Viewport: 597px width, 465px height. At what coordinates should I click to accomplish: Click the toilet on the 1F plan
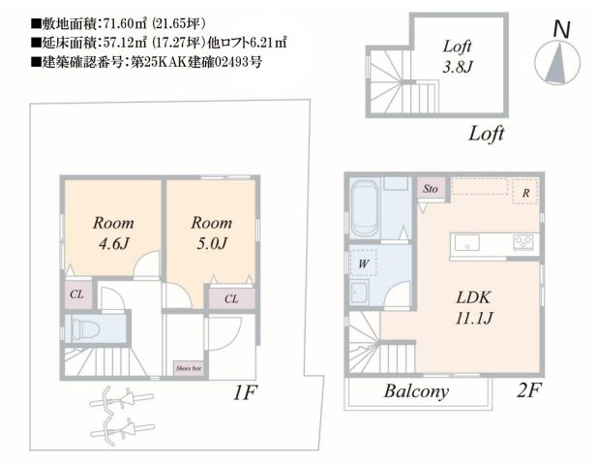(85, 327)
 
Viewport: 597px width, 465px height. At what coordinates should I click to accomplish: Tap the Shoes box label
(189, 368)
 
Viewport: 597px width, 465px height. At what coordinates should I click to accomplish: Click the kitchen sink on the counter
(467, 243)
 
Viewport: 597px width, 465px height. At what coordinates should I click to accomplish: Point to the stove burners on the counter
(522, 242)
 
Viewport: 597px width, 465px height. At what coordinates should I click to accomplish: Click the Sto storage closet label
(431, 188)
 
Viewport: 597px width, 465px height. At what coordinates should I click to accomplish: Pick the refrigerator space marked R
(525, 192)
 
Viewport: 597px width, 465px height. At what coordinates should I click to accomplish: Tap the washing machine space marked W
(364, 263)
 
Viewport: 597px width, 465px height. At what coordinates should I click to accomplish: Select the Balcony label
(416, 391)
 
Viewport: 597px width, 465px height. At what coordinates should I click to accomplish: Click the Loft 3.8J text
(458, 56)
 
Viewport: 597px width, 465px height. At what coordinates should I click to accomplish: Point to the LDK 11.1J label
(474, 308)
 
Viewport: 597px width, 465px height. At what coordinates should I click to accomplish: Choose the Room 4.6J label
(113, 232)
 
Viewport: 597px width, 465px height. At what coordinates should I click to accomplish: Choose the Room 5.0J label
(212, 232)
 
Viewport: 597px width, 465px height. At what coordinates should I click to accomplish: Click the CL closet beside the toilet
(77, 294)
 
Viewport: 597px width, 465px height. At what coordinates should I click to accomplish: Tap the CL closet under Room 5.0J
(231, 298)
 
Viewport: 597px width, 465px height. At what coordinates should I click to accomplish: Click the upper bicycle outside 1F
(121, 399)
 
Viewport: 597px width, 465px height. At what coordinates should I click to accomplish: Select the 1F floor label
(246, 392)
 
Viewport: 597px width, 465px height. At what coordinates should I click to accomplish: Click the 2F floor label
(529, 389)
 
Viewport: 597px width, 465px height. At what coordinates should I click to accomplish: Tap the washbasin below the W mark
(359, 293)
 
